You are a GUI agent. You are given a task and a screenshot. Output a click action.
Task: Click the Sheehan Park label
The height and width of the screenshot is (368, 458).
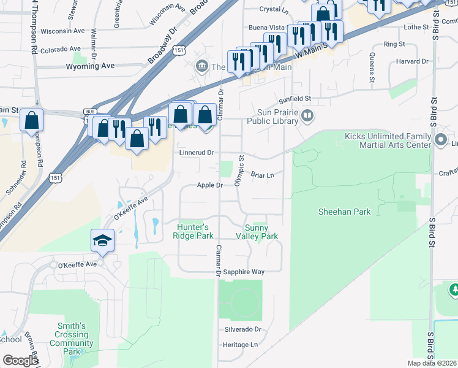point(344,212)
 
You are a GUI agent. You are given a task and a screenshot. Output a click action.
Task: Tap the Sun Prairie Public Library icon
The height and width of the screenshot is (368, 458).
point(308,115)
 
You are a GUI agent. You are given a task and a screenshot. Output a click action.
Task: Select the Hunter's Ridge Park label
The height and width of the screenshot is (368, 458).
point(195,231)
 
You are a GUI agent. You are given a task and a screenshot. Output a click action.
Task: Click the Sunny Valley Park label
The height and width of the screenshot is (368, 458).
point(261,232)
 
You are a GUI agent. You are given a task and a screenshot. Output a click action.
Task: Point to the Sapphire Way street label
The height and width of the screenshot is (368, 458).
point(243,272)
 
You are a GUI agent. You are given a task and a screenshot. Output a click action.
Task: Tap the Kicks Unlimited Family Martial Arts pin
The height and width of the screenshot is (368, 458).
point(440,140)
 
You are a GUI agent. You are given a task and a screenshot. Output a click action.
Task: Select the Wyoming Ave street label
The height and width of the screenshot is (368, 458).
point(91,66)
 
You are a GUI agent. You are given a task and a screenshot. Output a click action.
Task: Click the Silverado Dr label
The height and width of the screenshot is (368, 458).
point(243,329)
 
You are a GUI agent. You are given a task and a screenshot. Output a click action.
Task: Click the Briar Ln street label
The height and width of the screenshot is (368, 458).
point(261,175)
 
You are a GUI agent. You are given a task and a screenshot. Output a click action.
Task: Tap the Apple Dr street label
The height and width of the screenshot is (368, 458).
point(209,185)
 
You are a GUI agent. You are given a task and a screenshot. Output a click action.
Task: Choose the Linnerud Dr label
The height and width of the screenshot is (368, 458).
point(197,152)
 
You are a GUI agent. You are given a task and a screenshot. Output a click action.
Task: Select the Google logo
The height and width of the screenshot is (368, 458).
point(20,361)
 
